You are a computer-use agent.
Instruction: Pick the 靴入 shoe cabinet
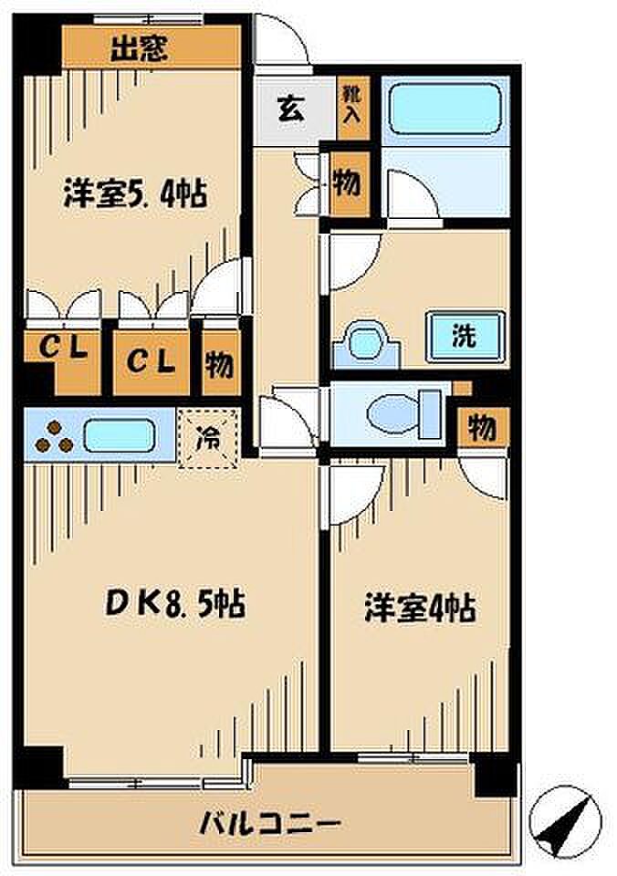pyautogui.click(x=351, y=103)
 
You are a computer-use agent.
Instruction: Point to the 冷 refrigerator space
pyautogui.click(x=209, y=438)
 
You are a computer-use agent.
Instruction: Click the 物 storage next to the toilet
pyautogui.click(x=480, y=427)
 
